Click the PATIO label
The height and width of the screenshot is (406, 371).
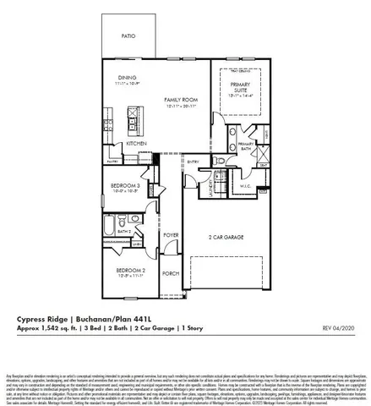[128, 36]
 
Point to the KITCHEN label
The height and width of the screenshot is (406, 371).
[136, 144]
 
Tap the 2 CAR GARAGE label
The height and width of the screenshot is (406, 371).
[227, 239]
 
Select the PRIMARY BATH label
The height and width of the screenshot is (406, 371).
[245, 147]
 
